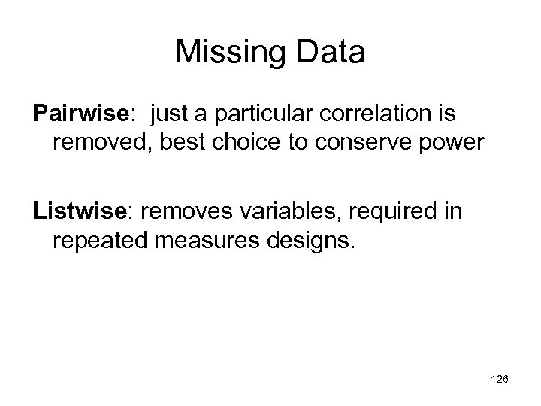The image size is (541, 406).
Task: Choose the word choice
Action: coord(234,141)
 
